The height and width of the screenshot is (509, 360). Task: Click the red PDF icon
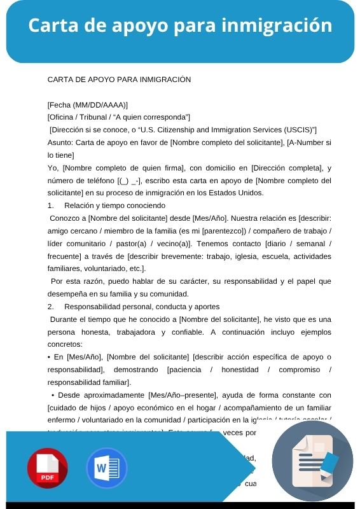[x=47, y=468]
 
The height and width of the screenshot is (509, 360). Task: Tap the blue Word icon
[x=107, y=468]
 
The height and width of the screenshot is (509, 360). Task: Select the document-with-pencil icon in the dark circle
[x=312, y=462]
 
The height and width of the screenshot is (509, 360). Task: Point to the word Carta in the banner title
[x=52, y=25]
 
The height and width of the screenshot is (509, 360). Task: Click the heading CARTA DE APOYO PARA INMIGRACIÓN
[x=119, y=80]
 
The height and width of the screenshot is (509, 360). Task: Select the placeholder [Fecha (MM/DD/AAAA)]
[x=88, y=104]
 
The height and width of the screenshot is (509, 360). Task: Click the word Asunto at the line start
[x=60, y=143]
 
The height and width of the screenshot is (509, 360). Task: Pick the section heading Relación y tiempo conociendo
[x=114, y=206]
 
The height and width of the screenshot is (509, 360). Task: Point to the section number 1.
[x=50, y=206]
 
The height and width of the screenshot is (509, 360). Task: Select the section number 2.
[x=50, y=306]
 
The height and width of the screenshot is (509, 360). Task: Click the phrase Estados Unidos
[x=235, y=193]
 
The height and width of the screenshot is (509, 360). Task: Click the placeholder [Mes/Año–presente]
[x=184, y=394]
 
